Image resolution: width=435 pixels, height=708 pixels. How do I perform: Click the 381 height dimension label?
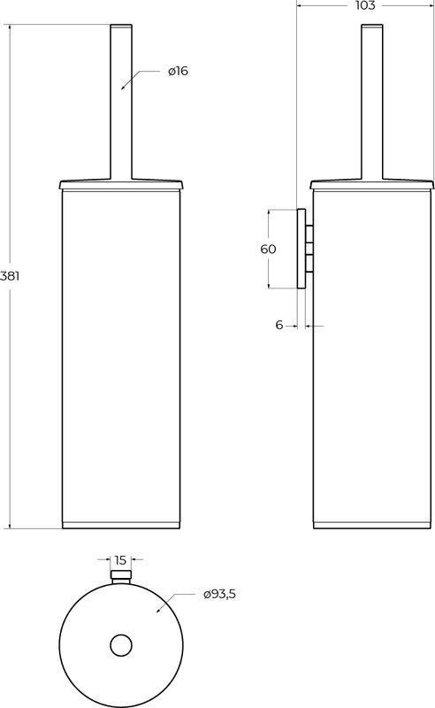pos(10,276)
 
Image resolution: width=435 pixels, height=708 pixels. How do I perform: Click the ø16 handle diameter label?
pos(178,71)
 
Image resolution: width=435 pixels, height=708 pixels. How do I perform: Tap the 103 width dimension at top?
pos(365,5)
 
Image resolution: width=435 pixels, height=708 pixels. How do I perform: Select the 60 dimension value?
pos(268,249)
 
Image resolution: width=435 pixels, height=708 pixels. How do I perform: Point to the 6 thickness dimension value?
pos(279,325)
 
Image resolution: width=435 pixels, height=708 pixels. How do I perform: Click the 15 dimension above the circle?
pos(120,560)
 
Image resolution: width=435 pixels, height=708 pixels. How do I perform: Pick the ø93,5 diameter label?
pos(220,594)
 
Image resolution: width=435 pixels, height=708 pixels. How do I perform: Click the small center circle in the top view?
pos(121,645)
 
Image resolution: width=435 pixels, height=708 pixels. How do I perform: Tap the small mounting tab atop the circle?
pos(121,577)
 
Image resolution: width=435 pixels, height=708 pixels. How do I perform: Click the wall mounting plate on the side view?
pos(301,249)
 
